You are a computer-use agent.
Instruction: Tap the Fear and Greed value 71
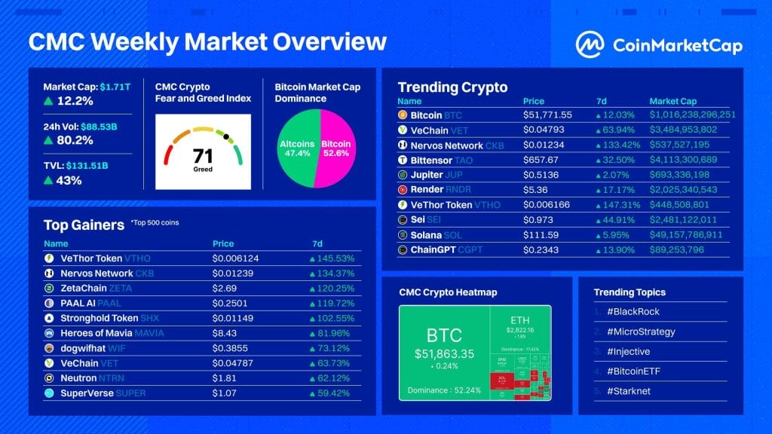203,156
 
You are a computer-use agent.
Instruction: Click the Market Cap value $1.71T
116,87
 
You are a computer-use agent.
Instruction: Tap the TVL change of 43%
69,180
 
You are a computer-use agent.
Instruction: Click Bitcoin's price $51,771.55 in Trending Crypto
547,115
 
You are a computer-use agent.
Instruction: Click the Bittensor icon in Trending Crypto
403,160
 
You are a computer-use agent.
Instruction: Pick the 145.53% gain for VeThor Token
336,258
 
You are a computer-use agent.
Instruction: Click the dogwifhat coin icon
49,348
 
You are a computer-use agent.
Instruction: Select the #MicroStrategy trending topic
634,332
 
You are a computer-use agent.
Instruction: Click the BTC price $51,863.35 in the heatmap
443,353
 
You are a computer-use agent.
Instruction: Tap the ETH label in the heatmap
520,319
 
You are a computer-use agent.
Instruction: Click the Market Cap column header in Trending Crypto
673,101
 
